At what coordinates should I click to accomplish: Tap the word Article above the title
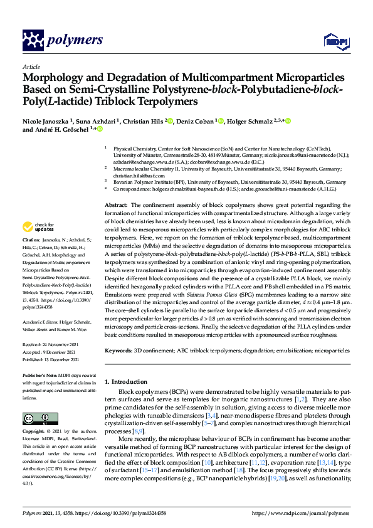pos(31,66)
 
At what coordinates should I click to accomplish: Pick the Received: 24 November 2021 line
pos(53,344)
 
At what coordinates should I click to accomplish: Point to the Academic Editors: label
pos(41,320)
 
